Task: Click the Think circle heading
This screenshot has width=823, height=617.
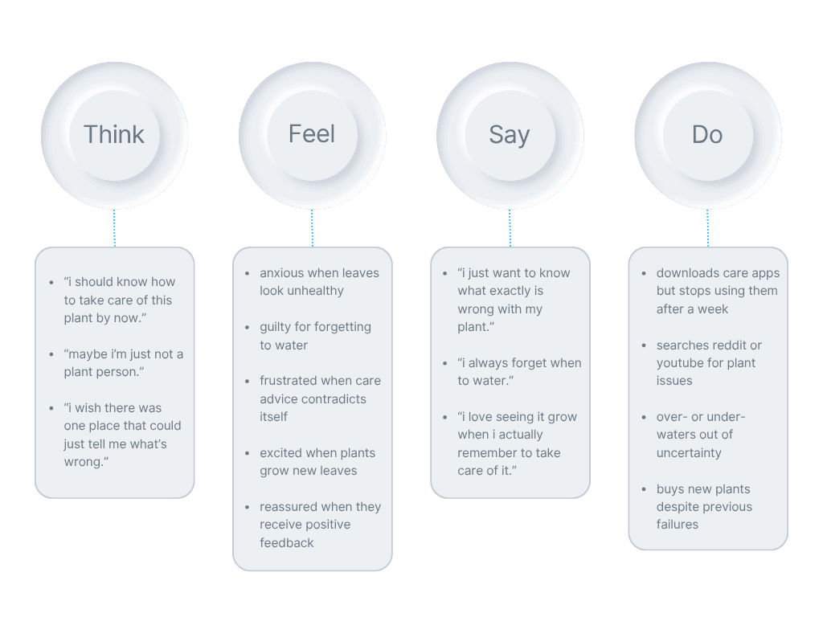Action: tap(114, 135)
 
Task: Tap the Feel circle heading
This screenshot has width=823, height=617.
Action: tap(312, 134)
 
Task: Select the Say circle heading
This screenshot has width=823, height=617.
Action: tap(510, 135)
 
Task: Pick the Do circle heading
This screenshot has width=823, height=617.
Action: tap(707, 135)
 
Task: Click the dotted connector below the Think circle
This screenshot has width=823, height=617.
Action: tap(114, 228)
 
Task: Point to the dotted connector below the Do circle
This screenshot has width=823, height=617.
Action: tap(708, 228)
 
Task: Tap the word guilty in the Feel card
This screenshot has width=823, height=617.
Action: tap(276, 327)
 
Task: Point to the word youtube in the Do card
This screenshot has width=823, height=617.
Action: tap(680, 363)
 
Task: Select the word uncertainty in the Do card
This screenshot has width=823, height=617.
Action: tap(689, 453)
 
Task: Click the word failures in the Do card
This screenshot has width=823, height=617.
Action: tap(678, 525)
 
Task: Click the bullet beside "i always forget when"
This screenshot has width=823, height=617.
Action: tap(446, 363)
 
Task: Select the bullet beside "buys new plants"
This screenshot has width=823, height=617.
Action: tap(645, 489)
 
